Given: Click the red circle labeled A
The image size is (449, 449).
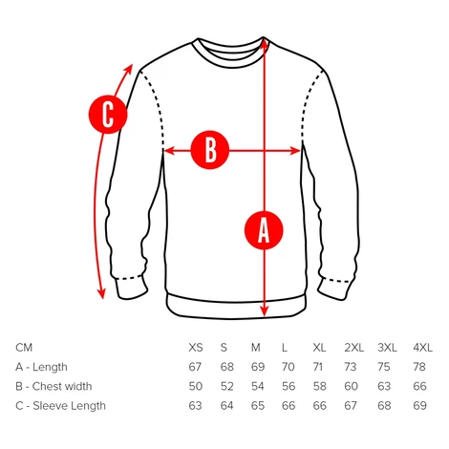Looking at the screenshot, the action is coord(264,230).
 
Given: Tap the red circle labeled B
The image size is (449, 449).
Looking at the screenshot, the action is coord(210,150).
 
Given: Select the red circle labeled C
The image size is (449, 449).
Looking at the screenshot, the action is coord(108,115).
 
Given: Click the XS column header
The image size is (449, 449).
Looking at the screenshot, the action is coord(196,348).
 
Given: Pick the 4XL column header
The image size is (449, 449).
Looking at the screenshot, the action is coord(422,348).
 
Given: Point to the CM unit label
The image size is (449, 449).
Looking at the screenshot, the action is coord(24,348).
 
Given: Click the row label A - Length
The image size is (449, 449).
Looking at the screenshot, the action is coord(41,367).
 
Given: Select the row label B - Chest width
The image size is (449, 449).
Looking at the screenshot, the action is coord(53,386).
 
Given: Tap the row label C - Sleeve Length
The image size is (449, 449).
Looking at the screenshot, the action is coord(60,406).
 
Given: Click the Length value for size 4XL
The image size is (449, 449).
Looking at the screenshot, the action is coord(419,367).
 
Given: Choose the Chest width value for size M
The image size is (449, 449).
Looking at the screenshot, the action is coord(258,386).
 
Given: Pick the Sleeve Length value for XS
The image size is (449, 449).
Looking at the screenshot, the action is coord(195,406).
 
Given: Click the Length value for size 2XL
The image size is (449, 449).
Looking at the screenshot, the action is coord(351,367).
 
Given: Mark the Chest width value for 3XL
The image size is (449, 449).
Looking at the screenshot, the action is coord(384,386).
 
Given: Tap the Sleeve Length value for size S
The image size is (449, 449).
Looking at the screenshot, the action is coord(226,406).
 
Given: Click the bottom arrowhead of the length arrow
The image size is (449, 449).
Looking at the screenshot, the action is coord(265,311).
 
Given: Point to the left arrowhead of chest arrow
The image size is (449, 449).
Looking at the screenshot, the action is coord(169,150).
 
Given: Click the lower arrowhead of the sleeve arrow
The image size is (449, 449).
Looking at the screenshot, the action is coord(101,293).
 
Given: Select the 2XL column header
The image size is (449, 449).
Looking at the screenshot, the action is coord(353,348).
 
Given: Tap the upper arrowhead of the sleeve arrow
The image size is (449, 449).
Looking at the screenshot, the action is coord(129,70).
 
